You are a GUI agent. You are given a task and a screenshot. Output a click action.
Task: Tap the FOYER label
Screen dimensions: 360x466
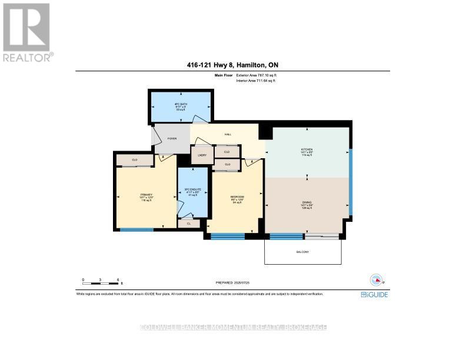click(x=172, y=139)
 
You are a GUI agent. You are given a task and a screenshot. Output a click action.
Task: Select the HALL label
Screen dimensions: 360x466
click(x=228, y=134)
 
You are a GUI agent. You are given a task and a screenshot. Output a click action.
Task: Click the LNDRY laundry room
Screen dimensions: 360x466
click(x=202, y=155)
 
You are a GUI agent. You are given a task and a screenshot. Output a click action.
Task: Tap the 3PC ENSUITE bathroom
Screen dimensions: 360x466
click(x=193, y=191)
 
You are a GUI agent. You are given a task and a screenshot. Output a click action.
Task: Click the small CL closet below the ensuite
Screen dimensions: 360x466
click(x=188, y=223)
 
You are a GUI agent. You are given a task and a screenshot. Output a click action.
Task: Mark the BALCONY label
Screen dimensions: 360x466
click(x=302, y=252)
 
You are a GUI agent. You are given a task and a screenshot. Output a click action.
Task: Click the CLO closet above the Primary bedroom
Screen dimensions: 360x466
click(x=134, y=159)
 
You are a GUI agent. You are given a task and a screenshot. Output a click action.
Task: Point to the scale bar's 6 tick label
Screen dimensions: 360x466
click(x=118, y=280)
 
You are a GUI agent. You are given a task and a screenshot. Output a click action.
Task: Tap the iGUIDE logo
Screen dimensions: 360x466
click(x=374, y=294)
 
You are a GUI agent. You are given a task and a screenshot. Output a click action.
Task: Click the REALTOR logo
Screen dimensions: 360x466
click(x=26, y=32)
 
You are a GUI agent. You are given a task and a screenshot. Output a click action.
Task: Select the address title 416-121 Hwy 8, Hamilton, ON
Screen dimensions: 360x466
click(x=232, y=66)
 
